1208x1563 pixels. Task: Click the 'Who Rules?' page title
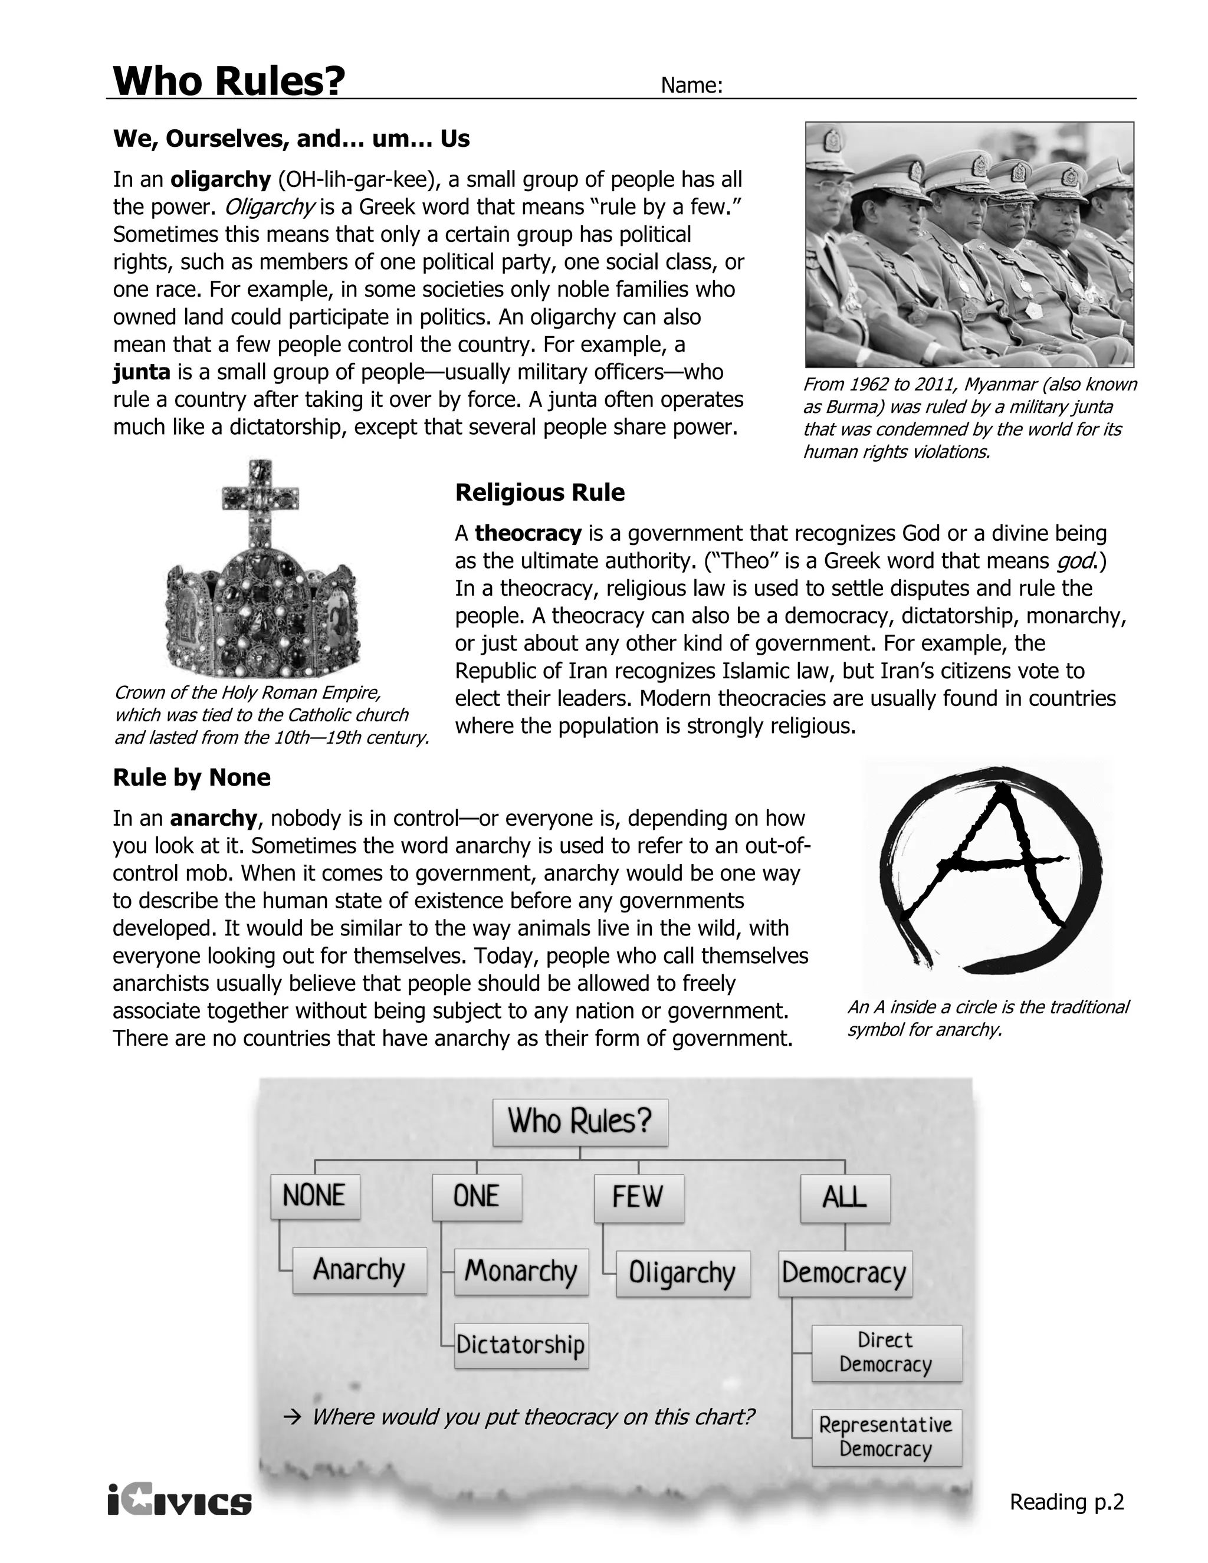[229, 80]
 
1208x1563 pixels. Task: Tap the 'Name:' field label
[691, 86]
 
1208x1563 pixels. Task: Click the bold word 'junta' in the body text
[142, 372]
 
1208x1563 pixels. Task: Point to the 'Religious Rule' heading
[540, 492]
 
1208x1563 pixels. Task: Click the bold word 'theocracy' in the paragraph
[527, 533]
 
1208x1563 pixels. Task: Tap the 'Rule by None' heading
[192, 777]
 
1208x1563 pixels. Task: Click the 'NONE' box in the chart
[315, 1196]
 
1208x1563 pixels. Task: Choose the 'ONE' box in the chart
[477, 1197]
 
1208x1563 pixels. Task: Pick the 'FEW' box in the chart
[638, 1197]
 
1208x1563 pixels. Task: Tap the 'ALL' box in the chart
[845, 1197]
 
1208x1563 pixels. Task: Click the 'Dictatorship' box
[521, 1345]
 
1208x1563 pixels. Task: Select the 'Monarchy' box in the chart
[521, 1271]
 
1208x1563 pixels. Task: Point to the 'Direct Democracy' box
[886, 1352]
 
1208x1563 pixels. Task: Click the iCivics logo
[180, 1500]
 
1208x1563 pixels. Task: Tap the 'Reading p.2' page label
[1066, 1502]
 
